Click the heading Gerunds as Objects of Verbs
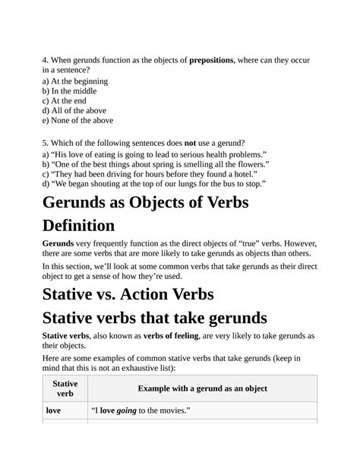tap(147, 204)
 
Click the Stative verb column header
tap(65, 389)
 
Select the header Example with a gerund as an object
tap(202, 388)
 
